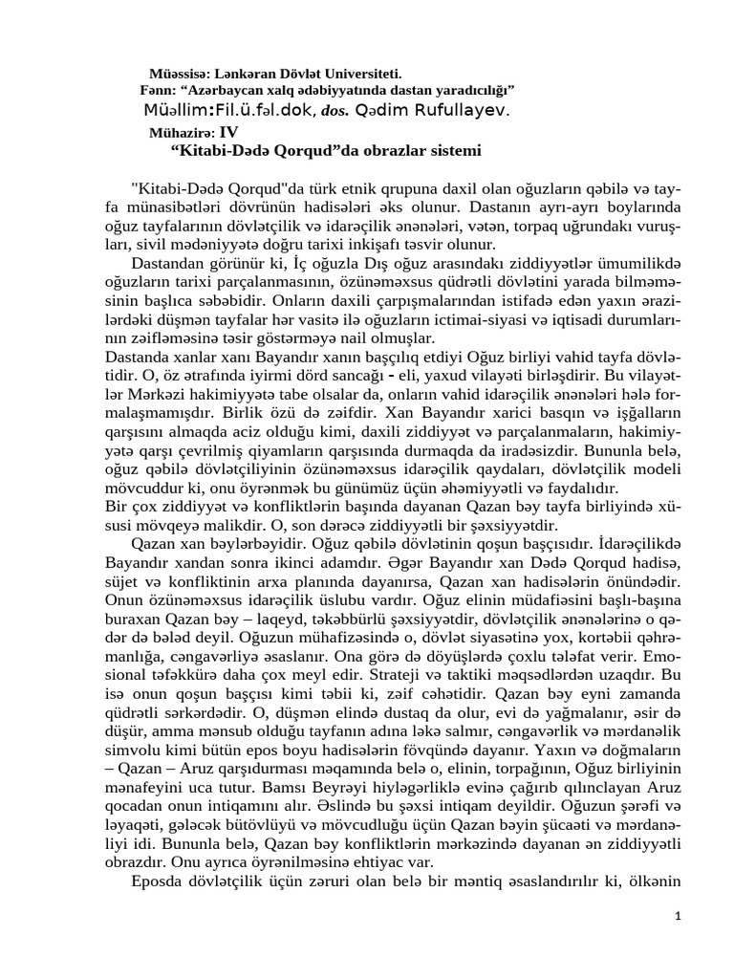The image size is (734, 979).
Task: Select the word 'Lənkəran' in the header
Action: pos(245,74)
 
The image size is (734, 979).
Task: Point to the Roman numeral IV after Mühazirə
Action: pos(227,133)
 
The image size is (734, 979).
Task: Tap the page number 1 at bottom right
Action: pos(678,916)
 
